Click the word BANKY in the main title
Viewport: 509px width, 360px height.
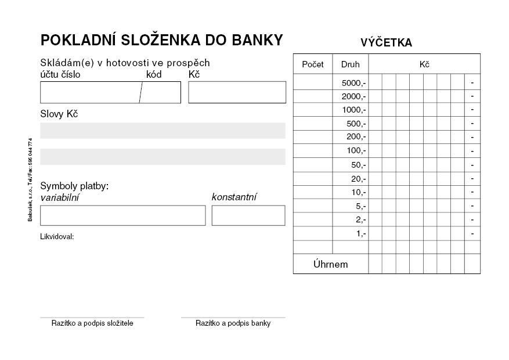tap(258, 40)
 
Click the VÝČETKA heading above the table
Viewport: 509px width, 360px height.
tap(386, 42)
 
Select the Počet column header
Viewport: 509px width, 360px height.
tap(313, 64)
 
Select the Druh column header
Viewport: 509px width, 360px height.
tap(350, 64)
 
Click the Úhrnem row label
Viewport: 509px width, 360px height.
tap(330, 264)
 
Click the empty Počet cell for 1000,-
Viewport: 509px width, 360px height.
tap(313, 110)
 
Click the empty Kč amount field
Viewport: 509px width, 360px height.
tap(237, 92)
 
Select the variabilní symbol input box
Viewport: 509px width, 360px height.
tap(122, 215)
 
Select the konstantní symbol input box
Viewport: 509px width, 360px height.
tap(248, 215)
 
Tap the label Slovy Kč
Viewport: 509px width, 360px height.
tap(59, 114)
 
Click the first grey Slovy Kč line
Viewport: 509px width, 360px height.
tap(163, 131)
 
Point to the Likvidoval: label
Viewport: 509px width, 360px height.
tap(57, 237)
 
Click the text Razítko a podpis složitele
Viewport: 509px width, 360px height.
tap(92, 323)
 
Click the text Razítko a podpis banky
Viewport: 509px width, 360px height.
tap(233, 323)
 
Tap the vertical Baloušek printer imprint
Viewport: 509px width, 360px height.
tap(30, 179)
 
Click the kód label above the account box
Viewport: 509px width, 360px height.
tap(154, 74)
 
